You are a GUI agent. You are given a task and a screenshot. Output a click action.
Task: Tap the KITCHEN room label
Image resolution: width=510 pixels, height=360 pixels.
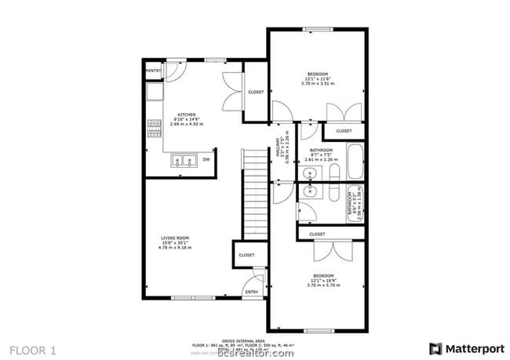pyautogui.click(x=186, y=114)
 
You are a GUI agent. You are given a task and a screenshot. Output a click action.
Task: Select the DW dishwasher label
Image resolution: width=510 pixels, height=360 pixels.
pyautogui.click(x=206, y=159)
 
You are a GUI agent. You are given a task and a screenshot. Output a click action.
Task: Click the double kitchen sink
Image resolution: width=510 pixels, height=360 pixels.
pyautogui.click(x=184, y=162)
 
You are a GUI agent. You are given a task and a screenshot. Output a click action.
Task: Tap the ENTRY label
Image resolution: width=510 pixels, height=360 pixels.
pyautogui.click(x=251, y=292)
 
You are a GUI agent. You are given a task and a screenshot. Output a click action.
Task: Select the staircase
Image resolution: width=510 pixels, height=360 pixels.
pyautogui.click(x=254, y=196)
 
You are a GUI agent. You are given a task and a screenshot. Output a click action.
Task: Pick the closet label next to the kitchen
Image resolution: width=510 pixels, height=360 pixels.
pyautogui.click(x=256, y=92)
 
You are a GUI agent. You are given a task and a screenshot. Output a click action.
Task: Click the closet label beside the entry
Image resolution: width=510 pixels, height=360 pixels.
pyautogui.click(x=246, y=255)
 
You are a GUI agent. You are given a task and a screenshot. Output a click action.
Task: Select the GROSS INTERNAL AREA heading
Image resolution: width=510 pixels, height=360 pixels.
pyautogui.click(x=255, y=340)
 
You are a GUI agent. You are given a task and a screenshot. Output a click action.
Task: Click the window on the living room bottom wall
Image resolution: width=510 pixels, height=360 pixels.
pyautogui.click(x=193, y=298)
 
